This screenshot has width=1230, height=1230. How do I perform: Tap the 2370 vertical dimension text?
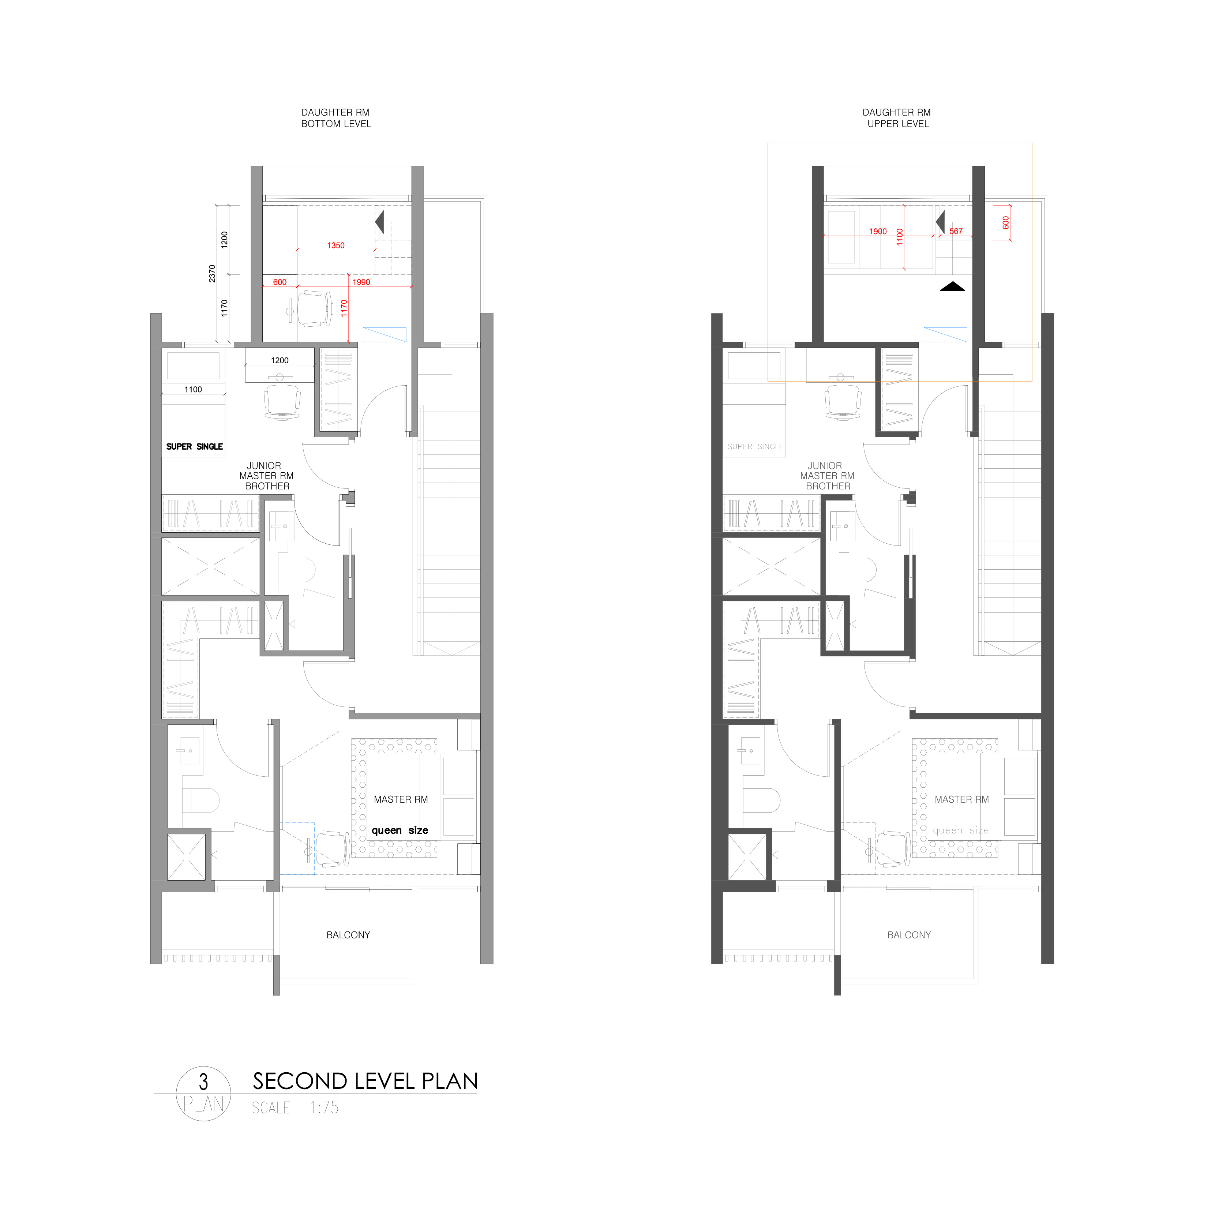(212, 274)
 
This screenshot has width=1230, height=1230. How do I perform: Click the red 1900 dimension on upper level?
(878, 232)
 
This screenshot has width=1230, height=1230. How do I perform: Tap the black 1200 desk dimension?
(280, 360)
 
